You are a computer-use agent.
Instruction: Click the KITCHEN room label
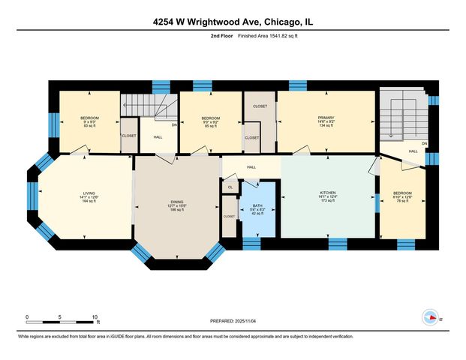pyautogui.click(x=326, y=193)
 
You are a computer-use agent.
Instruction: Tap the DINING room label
pyautogui.click(x=176, y=202)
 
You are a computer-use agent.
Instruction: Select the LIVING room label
pyautogui.click(x=89, y=193)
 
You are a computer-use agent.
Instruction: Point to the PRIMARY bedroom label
pyautogui.click(x=326, y=118)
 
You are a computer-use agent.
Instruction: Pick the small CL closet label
pyautogui.click(x=230, y=187)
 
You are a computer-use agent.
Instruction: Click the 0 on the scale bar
pyautogui.click(x=27, y=317)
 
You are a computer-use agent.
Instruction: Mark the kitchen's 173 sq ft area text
pyautogui.click(x=326, y=202)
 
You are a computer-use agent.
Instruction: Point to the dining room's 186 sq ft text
pyautogui.click(x=176, y=211)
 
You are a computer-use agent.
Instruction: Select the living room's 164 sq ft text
pyautogui.click(x=89, y=202)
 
